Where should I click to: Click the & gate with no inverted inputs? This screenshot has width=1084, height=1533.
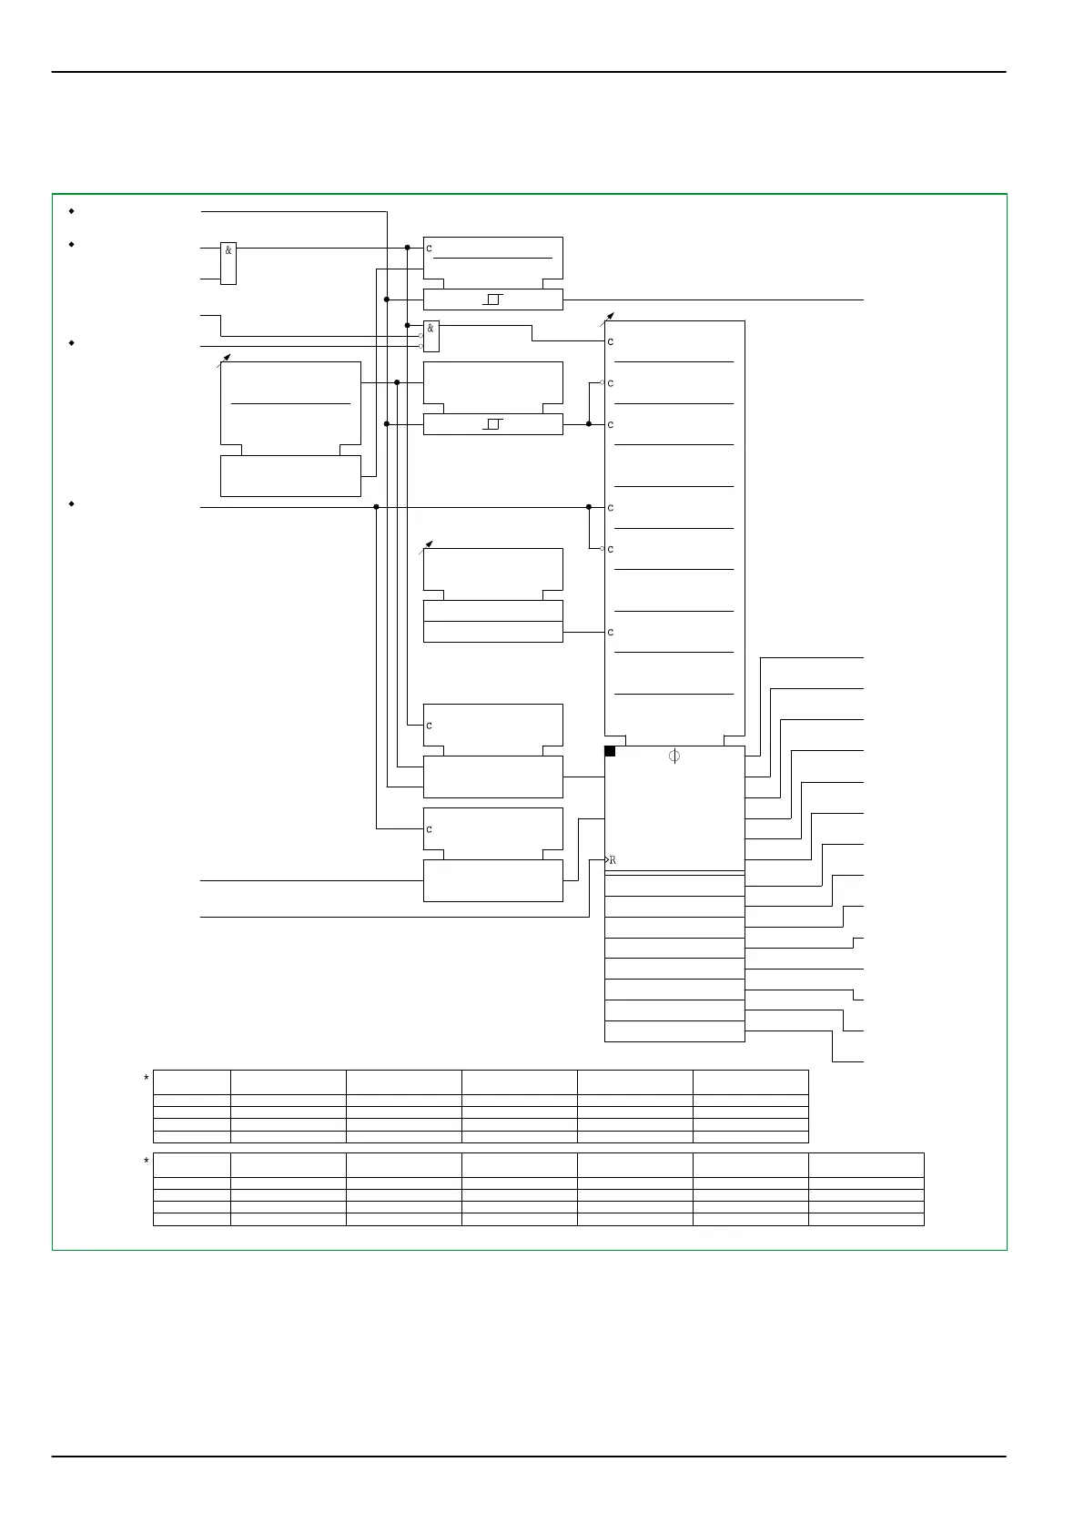click(x=228, y=263)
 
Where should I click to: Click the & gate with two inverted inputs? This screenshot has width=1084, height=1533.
click(x=431, y=336)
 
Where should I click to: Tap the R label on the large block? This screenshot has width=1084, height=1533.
click(x=613, y=860)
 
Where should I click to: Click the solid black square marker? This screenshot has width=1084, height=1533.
click(x=610, y=751)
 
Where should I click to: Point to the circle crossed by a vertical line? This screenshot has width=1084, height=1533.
click(x=674, y=756)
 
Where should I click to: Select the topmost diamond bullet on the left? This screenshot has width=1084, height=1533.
click(x=71, y=210)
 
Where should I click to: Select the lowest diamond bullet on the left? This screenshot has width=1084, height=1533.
click(x=71, y=503)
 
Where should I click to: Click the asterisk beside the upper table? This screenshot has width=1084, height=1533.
click(x=146, y=1079)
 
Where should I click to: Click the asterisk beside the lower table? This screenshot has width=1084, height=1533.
click(x=146, y=1162)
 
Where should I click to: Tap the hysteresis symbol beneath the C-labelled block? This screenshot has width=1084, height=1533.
click(x=493, y=299)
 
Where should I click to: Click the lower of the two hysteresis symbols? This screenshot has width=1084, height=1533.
click(x=493, y=424)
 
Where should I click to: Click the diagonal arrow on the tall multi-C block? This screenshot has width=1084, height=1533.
click(x=608, y=318)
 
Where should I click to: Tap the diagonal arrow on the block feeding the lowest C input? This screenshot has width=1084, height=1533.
click(x=426, y=546)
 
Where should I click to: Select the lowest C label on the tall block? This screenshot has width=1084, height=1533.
click(x=611, y=633)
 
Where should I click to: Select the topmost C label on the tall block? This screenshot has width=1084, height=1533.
click(x=611, y=342)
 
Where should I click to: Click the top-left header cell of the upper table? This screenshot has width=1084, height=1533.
click(x=192, y=1081)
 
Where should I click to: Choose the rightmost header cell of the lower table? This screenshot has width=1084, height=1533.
click(x=866, y=1165)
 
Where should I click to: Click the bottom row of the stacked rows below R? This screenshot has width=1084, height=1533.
click(x=674, y=1031)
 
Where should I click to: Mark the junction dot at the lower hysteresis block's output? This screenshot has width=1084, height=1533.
click(x=589, y=424)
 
